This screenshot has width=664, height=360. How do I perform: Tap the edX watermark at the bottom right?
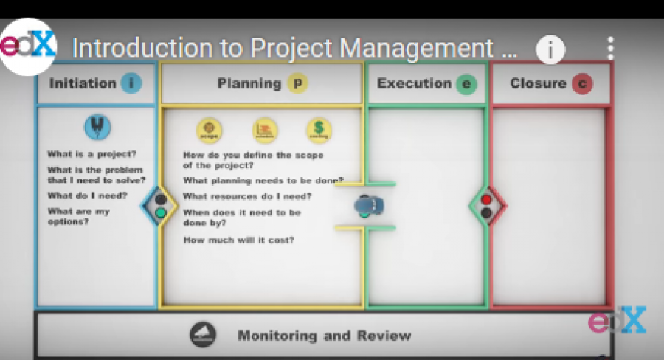tap(617, 321)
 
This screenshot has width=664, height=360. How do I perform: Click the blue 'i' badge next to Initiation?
tap(130, 83)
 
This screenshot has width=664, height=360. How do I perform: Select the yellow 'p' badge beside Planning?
tap(297, 83)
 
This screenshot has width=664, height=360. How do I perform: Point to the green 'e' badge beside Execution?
tap(466, 84)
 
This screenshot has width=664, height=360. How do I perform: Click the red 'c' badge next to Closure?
tap(582, 83)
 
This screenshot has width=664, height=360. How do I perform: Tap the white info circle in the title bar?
tap(550, 49)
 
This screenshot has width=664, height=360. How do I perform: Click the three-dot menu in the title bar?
tap(610, 49)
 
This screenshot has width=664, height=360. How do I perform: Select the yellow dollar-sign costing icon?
tap(319, 131)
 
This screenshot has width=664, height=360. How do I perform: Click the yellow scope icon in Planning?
tap(209, 131)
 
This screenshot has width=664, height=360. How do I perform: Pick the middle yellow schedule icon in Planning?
tap(264, 131)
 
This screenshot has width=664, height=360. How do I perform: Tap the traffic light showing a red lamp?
tap(485, 206)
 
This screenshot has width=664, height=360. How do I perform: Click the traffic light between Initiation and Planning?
tap(160, 206)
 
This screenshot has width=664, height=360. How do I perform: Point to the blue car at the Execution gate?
tap(369, 205)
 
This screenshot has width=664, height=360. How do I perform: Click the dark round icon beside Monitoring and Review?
tap(203, 336)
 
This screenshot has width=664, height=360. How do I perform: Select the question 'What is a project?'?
tap(91, 154)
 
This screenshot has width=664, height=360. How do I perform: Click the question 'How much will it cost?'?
tap(238, 240)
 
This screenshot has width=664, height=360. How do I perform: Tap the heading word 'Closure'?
tap(538, 83)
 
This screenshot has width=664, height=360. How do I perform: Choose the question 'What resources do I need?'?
tap(247, 196)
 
